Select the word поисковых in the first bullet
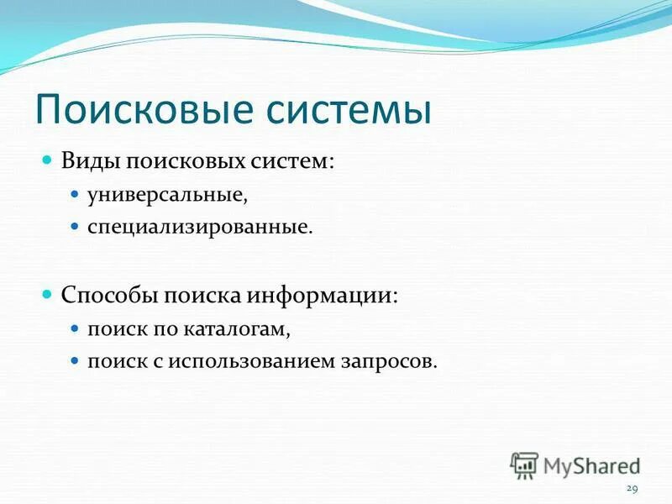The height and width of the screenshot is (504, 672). click(x=190, y=160)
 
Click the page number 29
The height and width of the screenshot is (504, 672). click(x=633, y=489)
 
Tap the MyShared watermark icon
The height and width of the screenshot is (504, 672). click(x=524, y=465)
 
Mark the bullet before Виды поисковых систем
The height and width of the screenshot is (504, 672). click(x=48, y=159)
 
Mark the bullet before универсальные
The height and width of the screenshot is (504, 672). click(x=74, y=194)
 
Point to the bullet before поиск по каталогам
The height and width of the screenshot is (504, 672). click(x=74, y=330)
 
